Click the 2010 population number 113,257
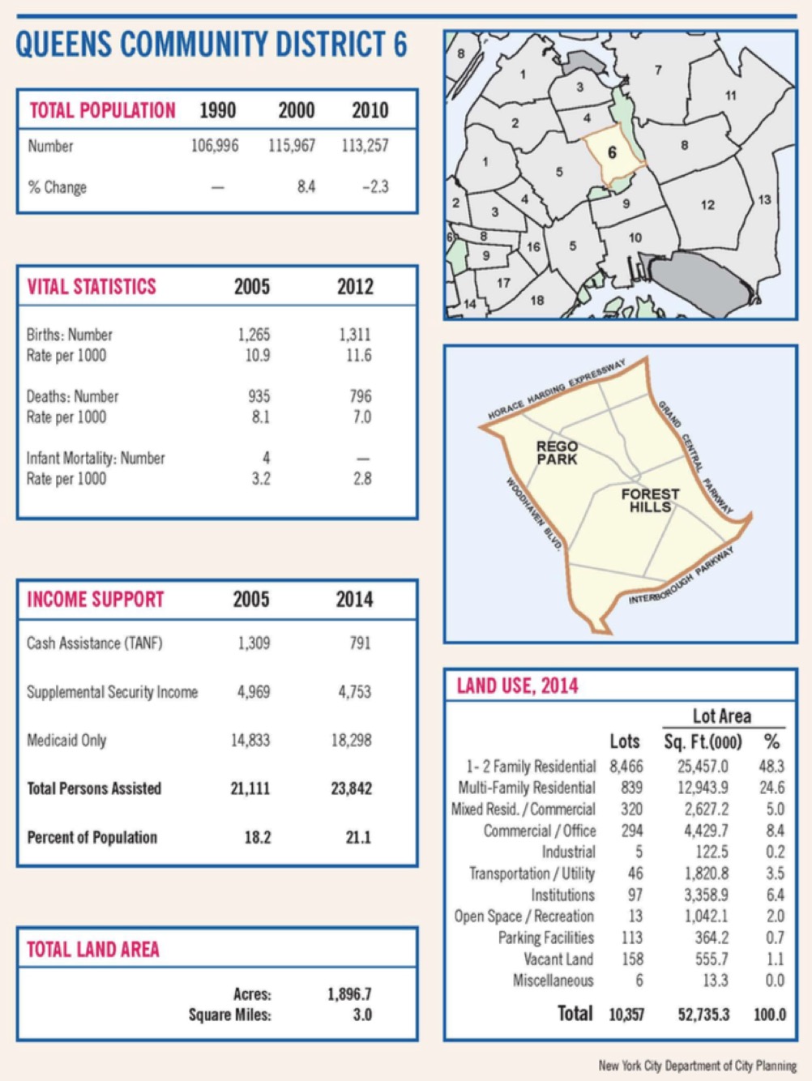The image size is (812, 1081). pos(370,146)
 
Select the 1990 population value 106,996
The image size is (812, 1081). pos(215,146)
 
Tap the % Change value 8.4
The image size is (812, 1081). pos(306,187)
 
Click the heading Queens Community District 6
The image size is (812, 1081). pos(212,45)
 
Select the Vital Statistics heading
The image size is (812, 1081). pos(92,287)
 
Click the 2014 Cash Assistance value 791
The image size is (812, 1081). pos(360,643)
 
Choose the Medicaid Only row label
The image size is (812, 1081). pos(66,741)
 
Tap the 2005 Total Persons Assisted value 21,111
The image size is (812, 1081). pos(250,788)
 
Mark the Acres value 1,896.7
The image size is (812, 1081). pos(349,994)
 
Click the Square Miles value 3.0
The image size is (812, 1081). pos(361,1015)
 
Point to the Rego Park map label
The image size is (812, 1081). pos(557,453)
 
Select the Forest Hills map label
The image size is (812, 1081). pos(650,500)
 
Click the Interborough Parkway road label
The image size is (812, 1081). pos(682,576)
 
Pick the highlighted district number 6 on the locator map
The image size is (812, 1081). pos(612,152)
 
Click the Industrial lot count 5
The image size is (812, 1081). pos(639,852)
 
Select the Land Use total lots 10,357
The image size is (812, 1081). pos(626,1015)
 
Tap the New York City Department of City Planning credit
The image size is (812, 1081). pos(697,1066)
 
